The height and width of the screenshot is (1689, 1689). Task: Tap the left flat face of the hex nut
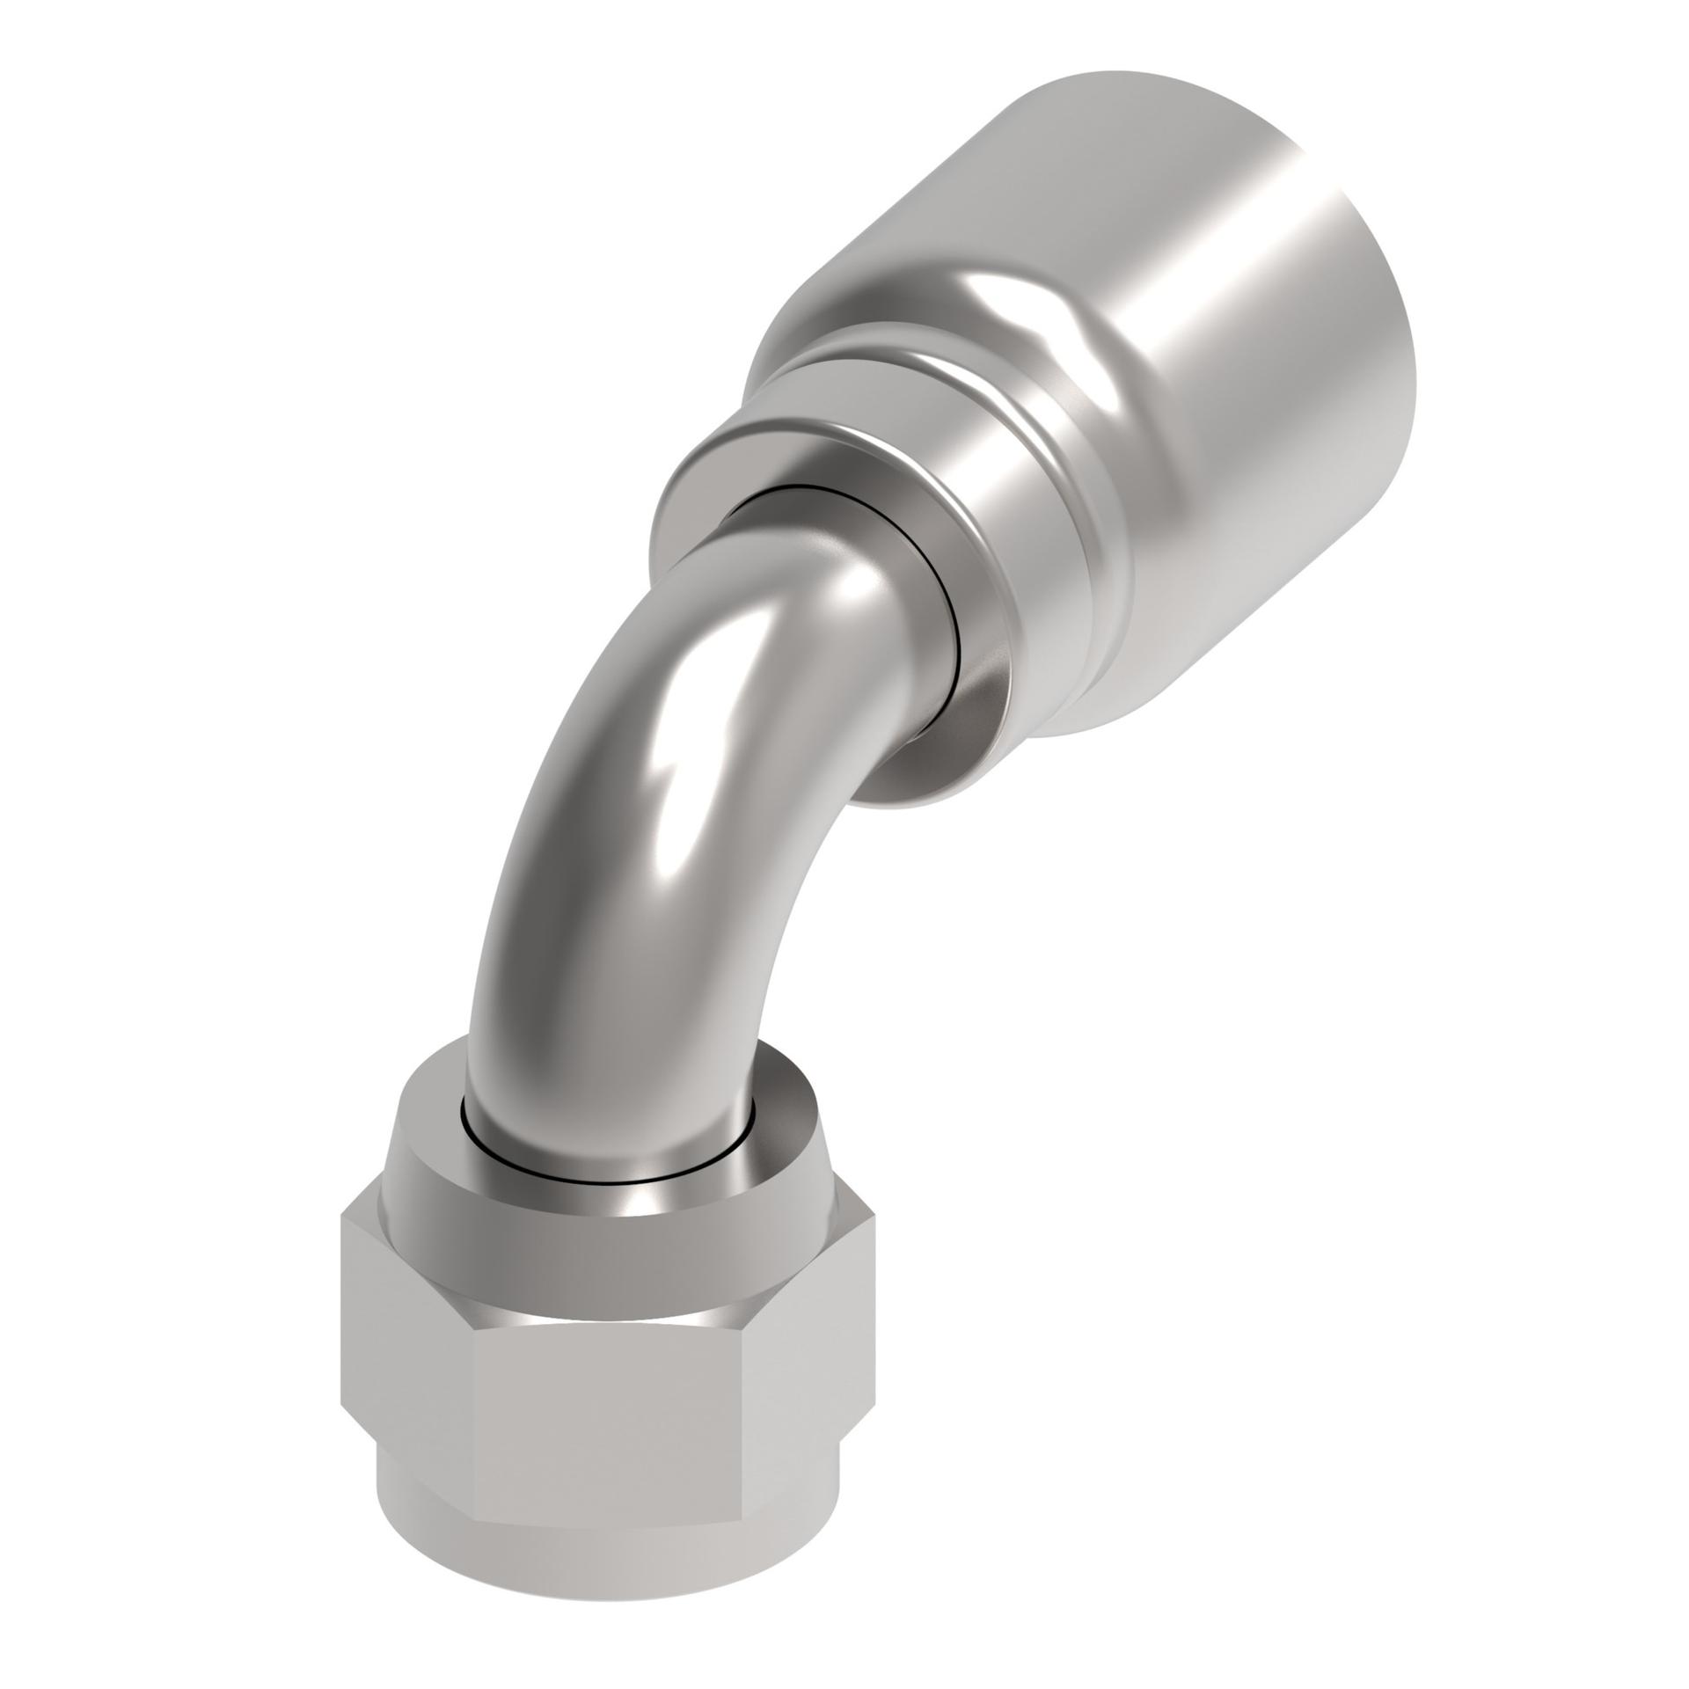click(x=405, y=1372)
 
